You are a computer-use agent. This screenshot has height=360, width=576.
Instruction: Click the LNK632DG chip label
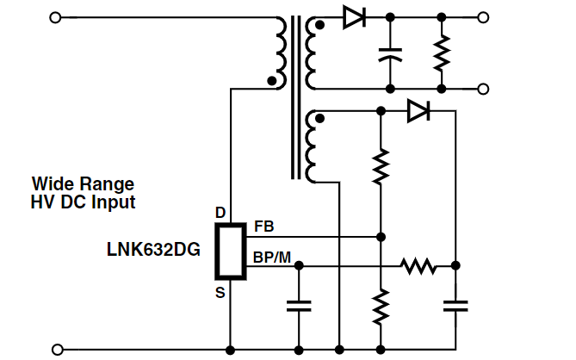tap(153, 250)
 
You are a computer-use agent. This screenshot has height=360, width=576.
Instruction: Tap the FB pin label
tap(264, 227)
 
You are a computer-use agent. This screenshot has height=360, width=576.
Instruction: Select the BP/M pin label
tap(272, 258)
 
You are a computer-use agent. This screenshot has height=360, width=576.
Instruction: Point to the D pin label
tap(220, 213)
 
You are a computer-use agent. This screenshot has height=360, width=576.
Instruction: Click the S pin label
tap(220, 293)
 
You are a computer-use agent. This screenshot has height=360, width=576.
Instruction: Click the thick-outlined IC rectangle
tap(231, 251)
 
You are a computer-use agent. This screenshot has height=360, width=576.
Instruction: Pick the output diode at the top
tap(354, 17)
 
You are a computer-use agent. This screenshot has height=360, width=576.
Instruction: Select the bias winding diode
tap(418, 110)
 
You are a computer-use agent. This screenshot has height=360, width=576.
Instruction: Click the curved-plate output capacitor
tap(390, 54)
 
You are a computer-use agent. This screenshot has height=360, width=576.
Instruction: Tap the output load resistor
tap(442, 53)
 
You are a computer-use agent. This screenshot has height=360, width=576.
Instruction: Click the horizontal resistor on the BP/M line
tap(418, 265)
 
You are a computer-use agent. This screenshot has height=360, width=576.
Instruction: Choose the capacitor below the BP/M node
tap(299, 306)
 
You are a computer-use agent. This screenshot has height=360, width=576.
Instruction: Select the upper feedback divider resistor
tap(381, 166)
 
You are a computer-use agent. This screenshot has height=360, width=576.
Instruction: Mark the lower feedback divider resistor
tap(381, 307)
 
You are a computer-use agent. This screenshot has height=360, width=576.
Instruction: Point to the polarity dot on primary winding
tap(272, 81)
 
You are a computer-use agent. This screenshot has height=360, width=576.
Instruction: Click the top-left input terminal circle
tap(55, 17)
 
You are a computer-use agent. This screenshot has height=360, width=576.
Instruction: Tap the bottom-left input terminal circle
tap(58, 350)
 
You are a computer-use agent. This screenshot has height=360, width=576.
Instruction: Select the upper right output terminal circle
tap(483, 17)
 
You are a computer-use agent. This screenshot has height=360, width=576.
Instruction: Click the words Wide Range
tap(83, 184)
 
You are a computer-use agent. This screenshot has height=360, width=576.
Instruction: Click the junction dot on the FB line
tap(381, 237)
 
